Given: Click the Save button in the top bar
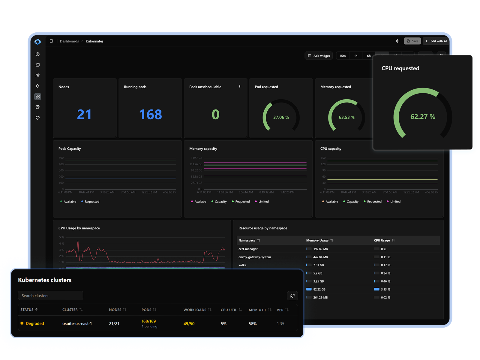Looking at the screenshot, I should pyautogui.click(x=412, y=41).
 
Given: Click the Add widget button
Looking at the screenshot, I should pyautogui.click(x=319, y=56).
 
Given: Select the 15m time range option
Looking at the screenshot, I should pyautogui.click(x=343, y=56).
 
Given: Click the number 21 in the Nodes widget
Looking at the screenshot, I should pyautogui.click(x=84, y=115).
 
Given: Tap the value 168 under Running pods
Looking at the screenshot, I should pyautogui.click(x=150, y=115).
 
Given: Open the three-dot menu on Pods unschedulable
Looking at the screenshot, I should pyautogui.click(x=240, y=87).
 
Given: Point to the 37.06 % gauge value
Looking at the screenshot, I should pyautogui.click(x=281, y=117).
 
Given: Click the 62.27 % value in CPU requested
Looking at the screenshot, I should pyautogui.click(x=423, y=117).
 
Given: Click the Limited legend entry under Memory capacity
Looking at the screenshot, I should pyautogui.click(x=263, y=202).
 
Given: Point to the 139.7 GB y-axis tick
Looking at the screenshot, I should pyautogui.click(x=196, y=158).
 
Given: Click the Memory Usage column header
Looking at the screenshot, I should pyautogui.click(x=317, y=240).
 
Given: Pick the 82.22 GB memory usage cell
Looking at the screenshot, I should pyautogui.click(x=319, y=289).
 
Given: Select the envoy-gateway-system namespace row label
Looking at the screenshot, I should pyautogui.click(x=254, y=257).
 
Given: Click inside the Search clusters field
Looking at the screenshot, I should pyautogui.click(x=50, y=295).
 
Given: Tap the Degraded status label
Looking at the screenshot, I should pyautogui.click(x=35, y=323).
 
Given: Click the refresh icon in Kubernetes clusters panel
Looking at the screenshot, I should pyautogui.click(x=292, y=295).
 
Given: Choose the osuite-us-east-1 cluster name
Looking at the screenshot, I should pyautogui.click(x=77, y=323).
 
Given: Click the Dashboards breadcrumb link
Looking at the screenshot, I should pyautogui.click(x=69, y=41).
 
